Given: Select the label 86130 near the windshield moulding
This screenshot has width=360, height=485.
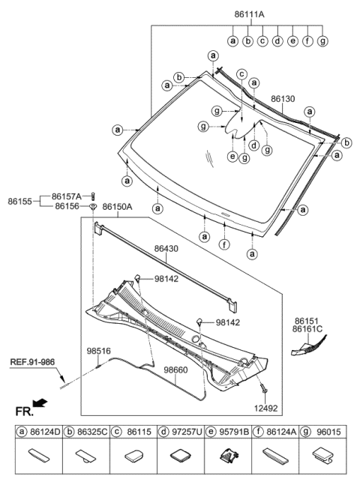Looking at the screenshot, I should click(x=283, y=99).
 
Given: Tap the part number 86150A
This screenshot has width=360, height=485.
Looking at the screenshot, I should click(x=117, y=207).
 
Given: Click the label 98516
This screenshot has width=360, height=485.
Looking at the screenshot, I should click(x=98, y=349).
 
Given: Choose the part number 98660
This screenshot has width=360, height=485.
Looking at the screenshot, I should click(x=176, y=370).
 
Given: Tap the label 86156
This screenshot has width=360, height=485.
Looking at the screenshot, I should click(x=66, y=206).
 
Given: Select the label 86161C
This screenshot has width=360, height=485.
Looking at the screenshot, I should click(x=307, y=328).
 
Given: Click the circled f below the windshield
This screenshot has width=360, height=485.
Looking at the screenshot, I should click(x=224, y=244).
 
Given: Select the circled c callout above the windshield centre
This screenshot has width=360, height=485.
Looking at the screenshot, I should click(x=241, y=73).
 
